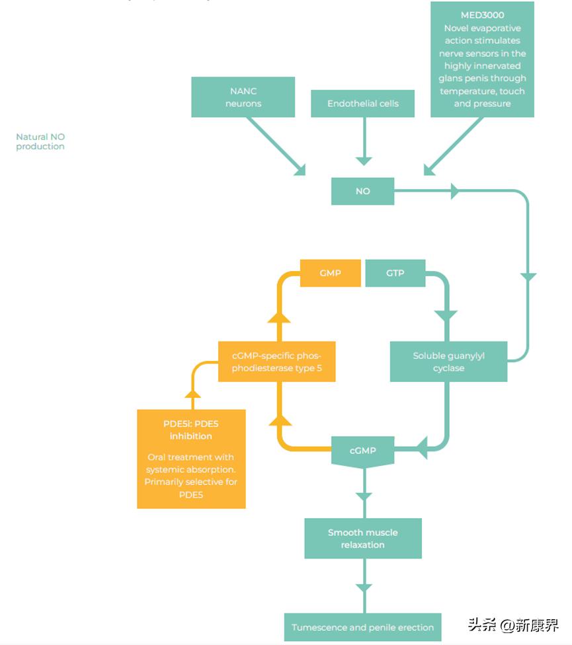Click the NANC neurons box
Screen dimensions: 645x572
point(243,97)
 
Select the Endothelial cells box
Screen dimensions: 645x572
point(363,104)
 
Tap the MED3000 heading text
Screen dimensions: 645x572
point(482,15)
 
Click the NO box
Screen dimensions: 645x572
point(362,191)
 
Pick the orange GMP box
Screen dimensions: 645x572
point(330,273)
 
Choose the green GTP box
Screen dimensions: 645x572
point(395,273)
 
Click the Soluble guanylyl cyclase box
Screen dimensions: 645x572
point(448,361)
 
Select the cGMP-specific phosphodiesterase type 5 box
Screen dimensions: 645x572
point(276,361)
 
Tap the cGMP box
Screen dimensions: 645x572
point(362,451)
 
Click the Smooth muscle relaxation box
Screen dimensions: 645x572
point(362,539)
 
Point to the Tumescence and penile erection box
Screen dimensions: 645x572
point(362,627)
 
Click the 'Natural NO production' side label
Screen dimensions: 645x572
point(40,141)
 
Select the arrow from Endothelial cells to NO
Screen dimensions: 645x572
point(363,142)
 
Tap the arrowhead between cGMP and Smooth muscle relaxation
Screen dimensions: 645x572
point(363,496)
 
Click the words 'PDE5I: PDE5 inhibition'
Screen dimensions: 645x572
point(190,430)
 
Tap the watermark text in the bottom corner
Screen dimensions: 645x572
point(513,625)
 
